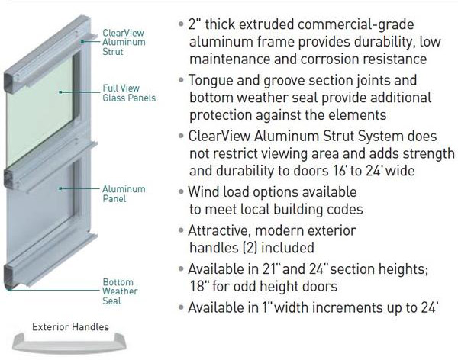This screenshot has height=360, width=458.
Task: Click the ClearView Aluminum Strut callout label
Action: (x=124, y=42)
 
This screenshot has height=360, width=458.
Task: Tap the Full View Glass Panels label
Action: (x=129, y=93)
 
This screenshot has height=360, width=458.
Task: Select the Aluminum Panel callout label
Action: (x=124, y=194)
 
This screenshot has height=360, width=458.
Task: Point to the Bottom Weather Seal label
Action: (x=120, y=291)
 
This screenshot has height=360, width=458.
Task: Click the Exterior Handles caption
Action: (x=70, y=326)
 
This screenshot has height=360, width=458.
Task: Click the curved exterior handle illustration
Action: (x=69, y=345)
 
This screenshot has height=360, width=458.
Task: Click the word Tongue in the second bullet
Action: (x=211, y=81)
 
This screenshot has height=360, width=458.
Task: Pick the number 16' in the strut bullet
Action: (x=340, y=171)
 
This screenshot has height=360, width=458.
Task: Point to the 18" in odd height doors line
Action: (x=198, y=286)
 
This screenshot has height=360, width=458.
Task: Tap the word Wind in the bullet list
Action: (x=204, y=192)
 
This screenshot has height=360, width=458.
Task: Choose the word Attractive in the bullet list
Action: (x=218, y=230)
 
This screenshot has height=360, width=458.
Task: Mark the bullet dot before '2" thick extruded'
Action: (x=181, y=24)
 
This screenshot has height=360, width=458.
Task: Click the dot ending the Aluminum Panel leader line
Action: (x=60, y=188)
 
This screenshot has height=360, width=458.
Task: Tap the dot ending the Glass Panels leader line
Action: (x=60, y=92)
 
